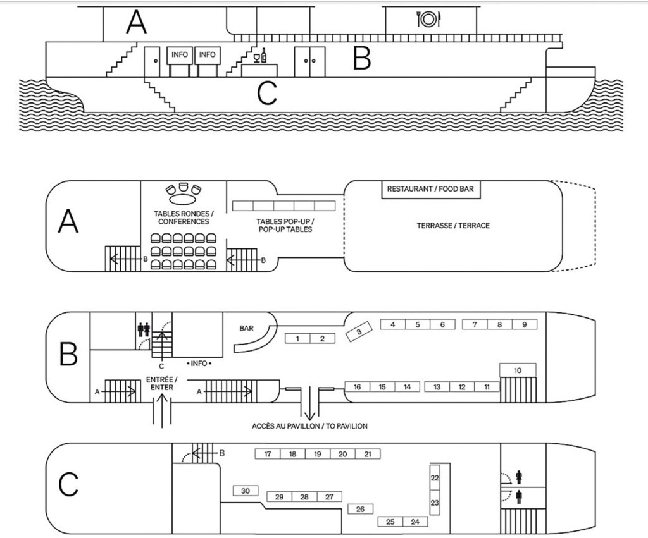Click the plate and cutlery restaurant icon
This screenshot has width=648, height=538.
(428, 20)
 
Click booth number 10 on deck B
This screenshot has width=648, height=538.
(518, 370)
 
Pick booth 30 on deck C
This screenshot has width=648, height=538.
(246, 491)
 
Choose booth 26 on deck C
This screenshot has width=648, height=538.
(360, 509)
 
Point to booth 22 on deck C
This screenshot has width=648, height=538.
(435, 479)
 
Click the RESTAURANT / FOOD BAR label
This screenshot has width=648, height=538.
(430, 188)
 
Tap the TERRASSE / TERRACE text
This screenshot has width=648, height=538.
(452, 226)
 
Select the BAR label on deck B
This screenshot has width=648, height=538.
(246, 329)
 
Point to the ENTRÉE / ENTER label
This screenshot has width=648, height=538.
(163, 382)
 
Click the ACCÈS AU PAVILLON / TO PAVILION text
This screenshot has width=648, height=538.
(309, 425)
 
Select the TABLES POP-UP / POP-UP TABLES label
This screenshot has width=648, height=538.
(284, 226)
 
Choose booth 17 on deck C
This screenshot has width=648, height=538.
(268, 454)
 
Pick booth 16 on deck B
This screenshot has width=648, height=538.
(358, 387)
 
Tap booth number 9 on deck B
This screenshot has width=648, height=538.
(524, 324)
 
